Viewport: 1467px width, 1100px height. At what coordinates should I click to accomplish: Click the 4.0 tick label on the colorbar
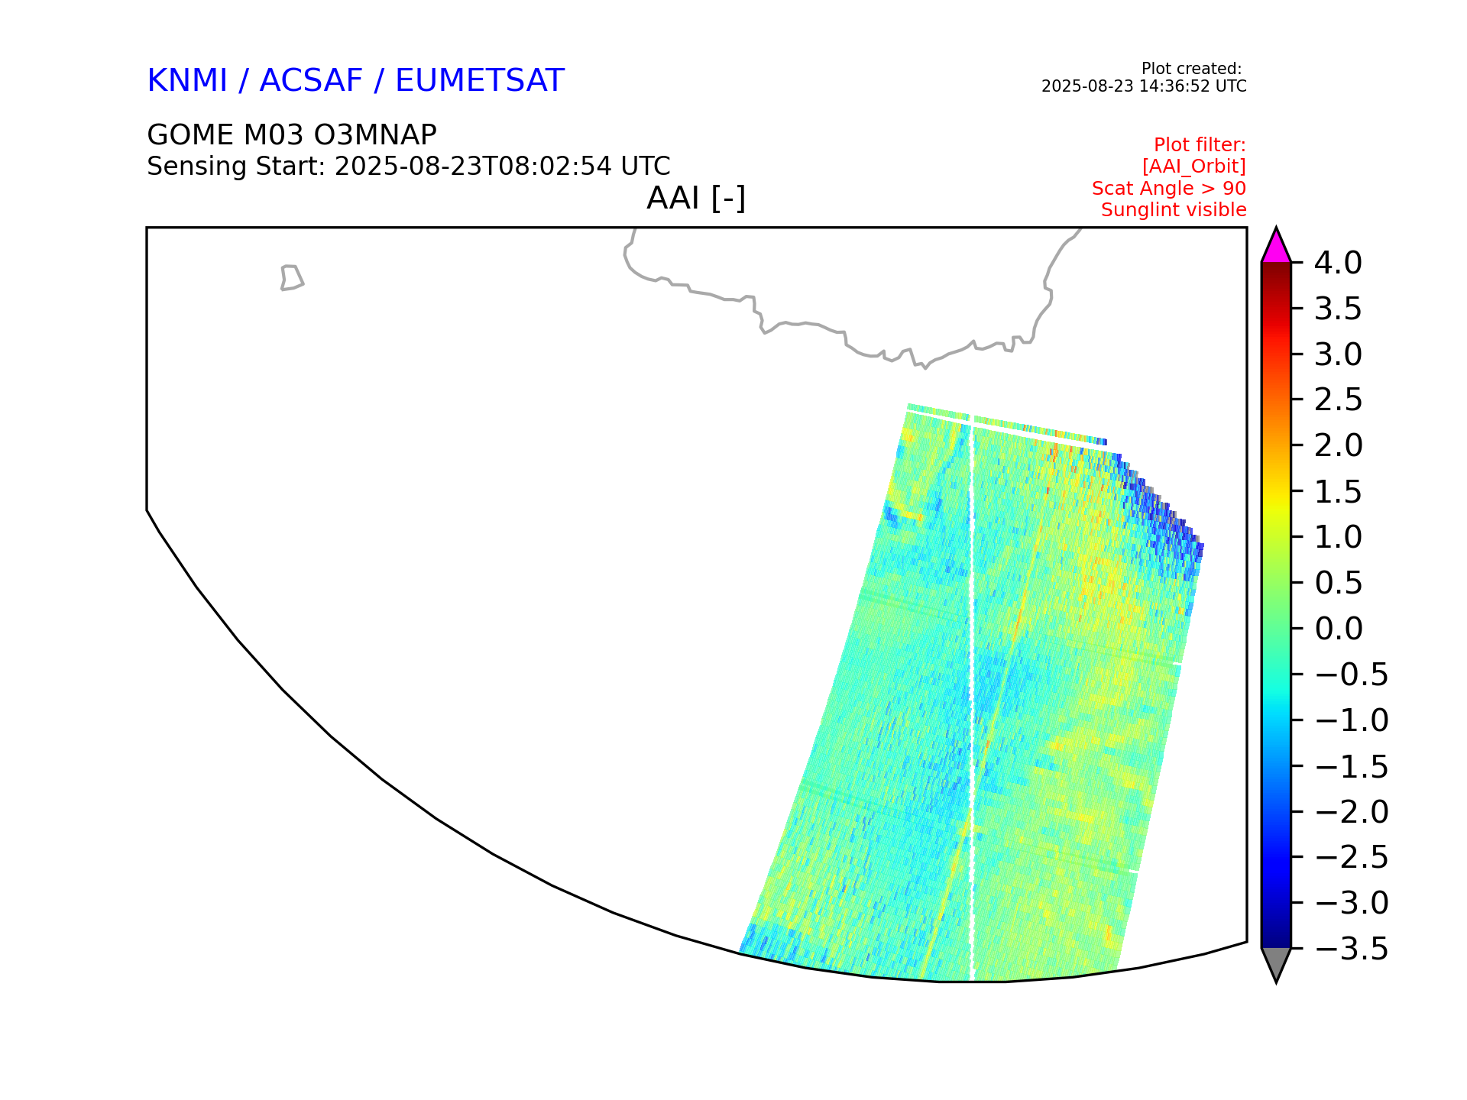coord(1338,263)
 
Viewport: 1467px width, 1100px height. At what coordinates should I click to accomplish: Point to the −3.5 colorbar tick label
coord(1352,949)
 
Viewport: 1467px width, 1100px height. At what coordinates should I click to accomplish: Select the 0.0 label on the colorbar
coord(1339,629)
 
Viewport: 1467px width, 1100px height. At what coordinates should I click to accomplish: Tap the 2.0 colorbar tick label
coord(1339,445)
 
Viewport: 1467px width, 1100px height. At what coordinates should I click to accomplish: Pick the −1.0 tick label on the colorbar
coord(1352,720)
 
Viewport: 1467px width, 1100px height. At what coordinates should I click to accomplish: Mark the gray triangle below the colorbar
coord(1276,963)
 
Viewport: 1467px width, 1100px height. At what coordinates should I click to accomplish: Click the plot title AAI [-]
coord(696,199)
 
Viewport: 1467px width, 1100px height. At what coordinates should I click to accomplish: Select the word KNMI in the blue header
coord(187,80)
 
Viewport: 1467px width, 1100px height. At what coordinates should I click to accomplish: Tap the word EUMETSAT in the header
coord(479,80)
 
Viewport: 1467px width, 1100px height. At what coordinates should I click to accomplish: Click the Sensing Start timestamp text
coord(409,167)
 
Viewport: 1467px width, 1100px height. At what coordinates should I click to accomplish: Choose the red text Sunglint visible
coord(1174,210)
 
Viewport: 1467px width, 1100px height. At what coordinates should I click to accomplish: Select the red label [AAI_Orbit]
coord(1194,167)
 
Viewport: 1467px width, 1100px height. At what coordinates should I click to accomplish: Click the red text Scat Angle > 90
coord(1169,188)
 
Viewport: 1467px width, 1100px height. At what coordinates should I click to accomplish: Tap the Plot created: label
coord(1191,69)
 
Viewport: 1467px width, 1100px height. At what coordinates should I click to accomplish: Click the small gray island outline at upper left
coord(292,278)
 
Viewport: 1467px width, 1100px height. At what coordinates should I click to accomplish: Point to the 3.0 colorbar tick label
coord(1339,354)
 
